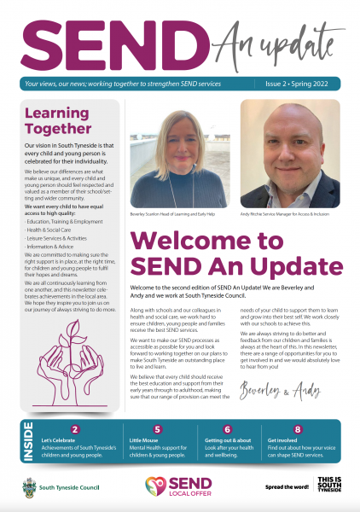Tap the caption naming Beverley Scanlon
coord(169,214)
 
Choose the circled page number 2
coord(75,429)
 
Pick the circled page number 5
coord(157,429)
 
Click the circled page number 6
coord(227,429)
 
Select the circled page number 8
coord(297,429)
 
